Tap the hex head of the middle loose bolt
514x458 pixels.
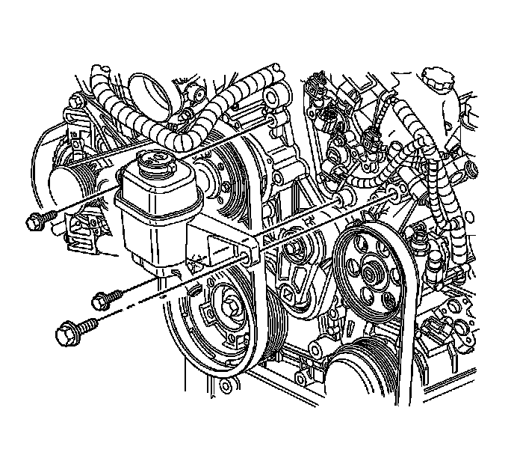coord(99,301)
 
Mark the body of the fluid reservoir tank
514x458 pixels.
coord(149,217)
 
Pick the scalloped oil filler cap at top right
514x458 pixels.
coord(437,78)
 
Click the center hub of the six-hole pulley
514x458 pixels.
coord(370,273)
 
